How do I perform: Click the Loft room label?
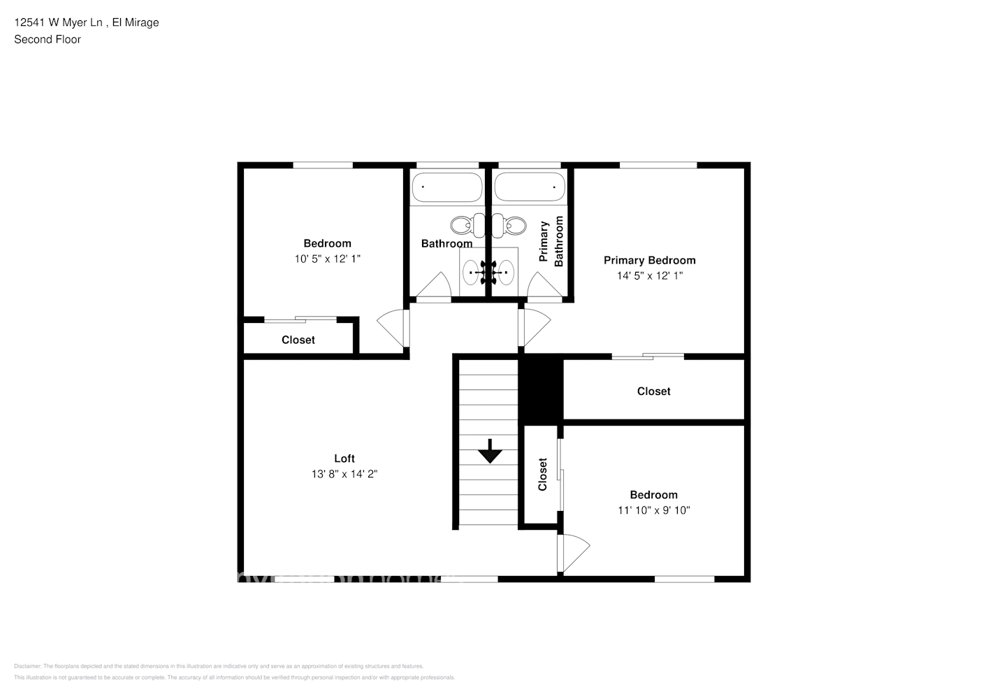point(344,459)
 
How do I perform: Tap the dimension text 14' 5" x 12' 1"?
point(649,275)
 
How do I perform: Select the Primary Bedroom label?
point(649,260)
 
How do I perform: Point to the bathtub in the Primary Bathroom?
point(530,187)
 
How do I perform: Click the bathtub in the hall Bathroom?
point(446,187)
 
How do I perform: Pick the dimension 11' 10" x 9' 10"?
point(653,510)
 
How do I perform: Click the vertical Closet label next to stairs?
point(542,475)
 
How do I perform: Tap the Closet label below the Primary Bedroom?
point(653,391)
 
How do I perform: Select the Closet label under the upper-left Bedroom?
point(298,340)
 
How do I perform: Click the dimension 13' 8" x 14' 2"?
point(344,474)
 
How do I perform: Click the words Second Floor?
point(48,39)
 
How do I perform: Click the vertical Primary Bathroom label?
point(551,241)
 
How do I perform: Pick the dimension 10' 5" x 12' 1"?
point(327,259)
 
